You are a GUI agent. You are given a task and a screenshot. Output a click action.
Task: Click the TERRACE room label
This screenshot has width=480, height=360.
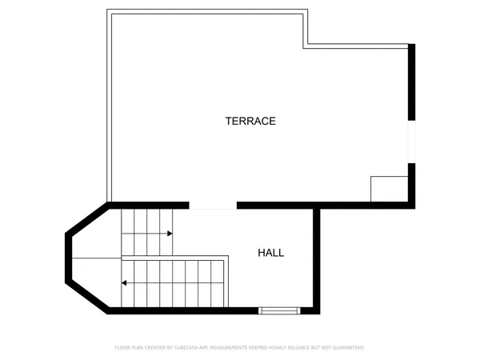tap(250, 122)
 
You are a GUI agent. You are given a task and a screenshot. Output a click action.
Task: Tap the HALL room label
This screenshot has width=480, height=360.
tap(270, 253)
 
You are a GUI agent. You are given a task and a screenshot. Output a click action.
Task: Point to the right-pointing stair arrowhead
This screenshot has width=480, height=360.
tap(170, 234)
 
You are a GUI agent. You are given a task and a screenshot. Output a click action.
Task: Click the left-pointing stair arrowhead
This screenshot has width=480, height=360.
tap(124, 282)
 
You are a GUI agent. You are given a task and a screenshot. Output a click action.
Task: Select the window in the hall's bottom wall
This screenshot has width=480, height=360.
tap(279, 310)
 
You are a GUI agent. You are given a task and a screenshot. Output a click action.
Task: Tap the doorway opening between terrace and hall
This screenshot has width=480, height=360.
tap(213, 206)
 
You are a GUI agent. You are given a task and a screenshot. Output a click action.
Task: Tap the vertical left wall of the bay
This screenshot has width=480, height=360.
tap(68, 258)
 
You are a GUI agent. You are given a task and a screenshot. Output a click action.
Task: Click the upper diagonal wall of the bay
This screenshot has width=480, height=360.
tap(87, 219)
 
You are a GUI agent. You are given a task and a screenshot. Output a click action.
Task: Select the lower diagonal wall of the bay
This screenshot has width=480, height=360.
tap(88, 298)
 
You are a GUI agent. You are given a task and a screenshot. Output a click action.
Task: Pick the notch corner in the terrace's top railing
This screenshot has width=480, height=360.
tap(307, 46)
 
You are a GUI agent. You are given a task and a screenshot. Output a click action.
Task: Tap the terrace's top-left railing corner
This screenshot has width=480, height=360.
tap(109, 12)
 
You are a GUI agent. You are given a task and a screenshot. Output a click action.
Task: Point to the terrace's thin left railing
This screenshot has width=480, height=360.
tap(109, 104)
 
